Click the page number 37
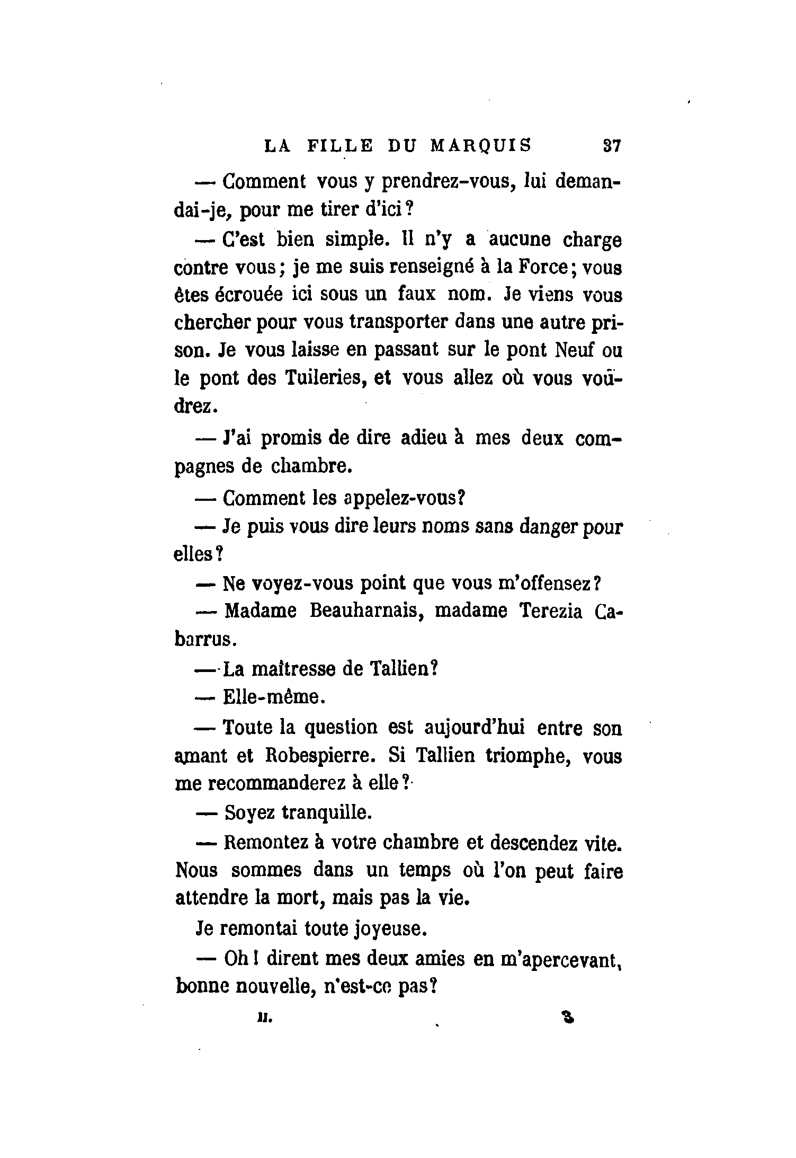tap(611, 146)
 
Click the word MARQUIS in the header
tap(480, 146)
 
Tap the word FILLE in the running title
tap(341, 146)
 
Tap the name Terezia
tap(551, 612)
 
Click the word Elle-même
tap(272, 696)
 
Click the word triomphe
tap(527, 756)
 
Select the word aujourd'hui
tap(475, 728)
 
